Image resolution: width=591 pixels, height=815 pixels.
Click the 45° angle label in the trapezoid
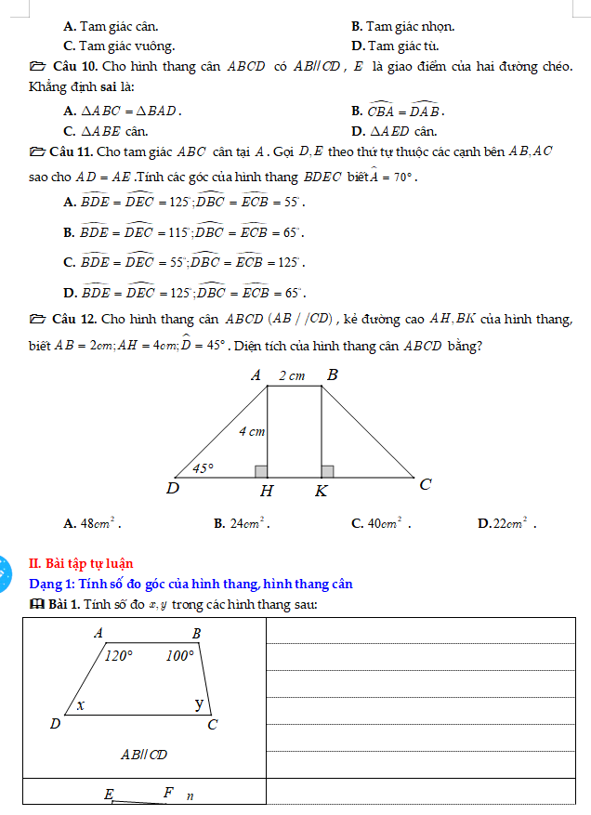click(203, 468)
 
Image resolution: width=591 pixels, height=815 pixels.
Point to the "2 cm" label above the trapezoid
click(292, 376)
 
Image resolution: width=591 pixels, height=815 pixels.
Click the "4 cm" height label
click(252, 432)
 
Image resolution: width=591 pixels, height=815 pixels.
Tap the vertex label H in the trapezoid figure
click(268, 491)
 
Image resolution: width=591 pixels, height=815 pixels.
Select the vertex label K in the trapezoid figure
click(321, 491)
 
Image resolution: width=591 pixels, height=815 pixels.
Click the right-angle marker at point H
click(261, 471)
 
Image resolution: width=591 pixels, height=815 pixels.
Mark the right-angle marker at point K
click(327, 471)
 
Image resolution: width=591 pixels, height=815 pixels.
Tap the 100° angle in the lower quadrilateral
click(179, 656)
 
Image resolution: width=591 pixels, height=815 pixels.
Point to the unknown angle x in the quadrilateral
click(82, 705)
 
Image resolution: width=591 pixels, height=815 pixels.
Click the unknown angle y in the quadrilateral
click(198, 703)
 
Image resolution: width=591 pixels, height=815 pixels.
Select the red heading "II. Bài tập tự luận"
click(81, 563)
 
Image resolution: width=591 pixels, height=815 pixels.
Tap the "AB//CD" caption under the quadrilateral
click(144, 755)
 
